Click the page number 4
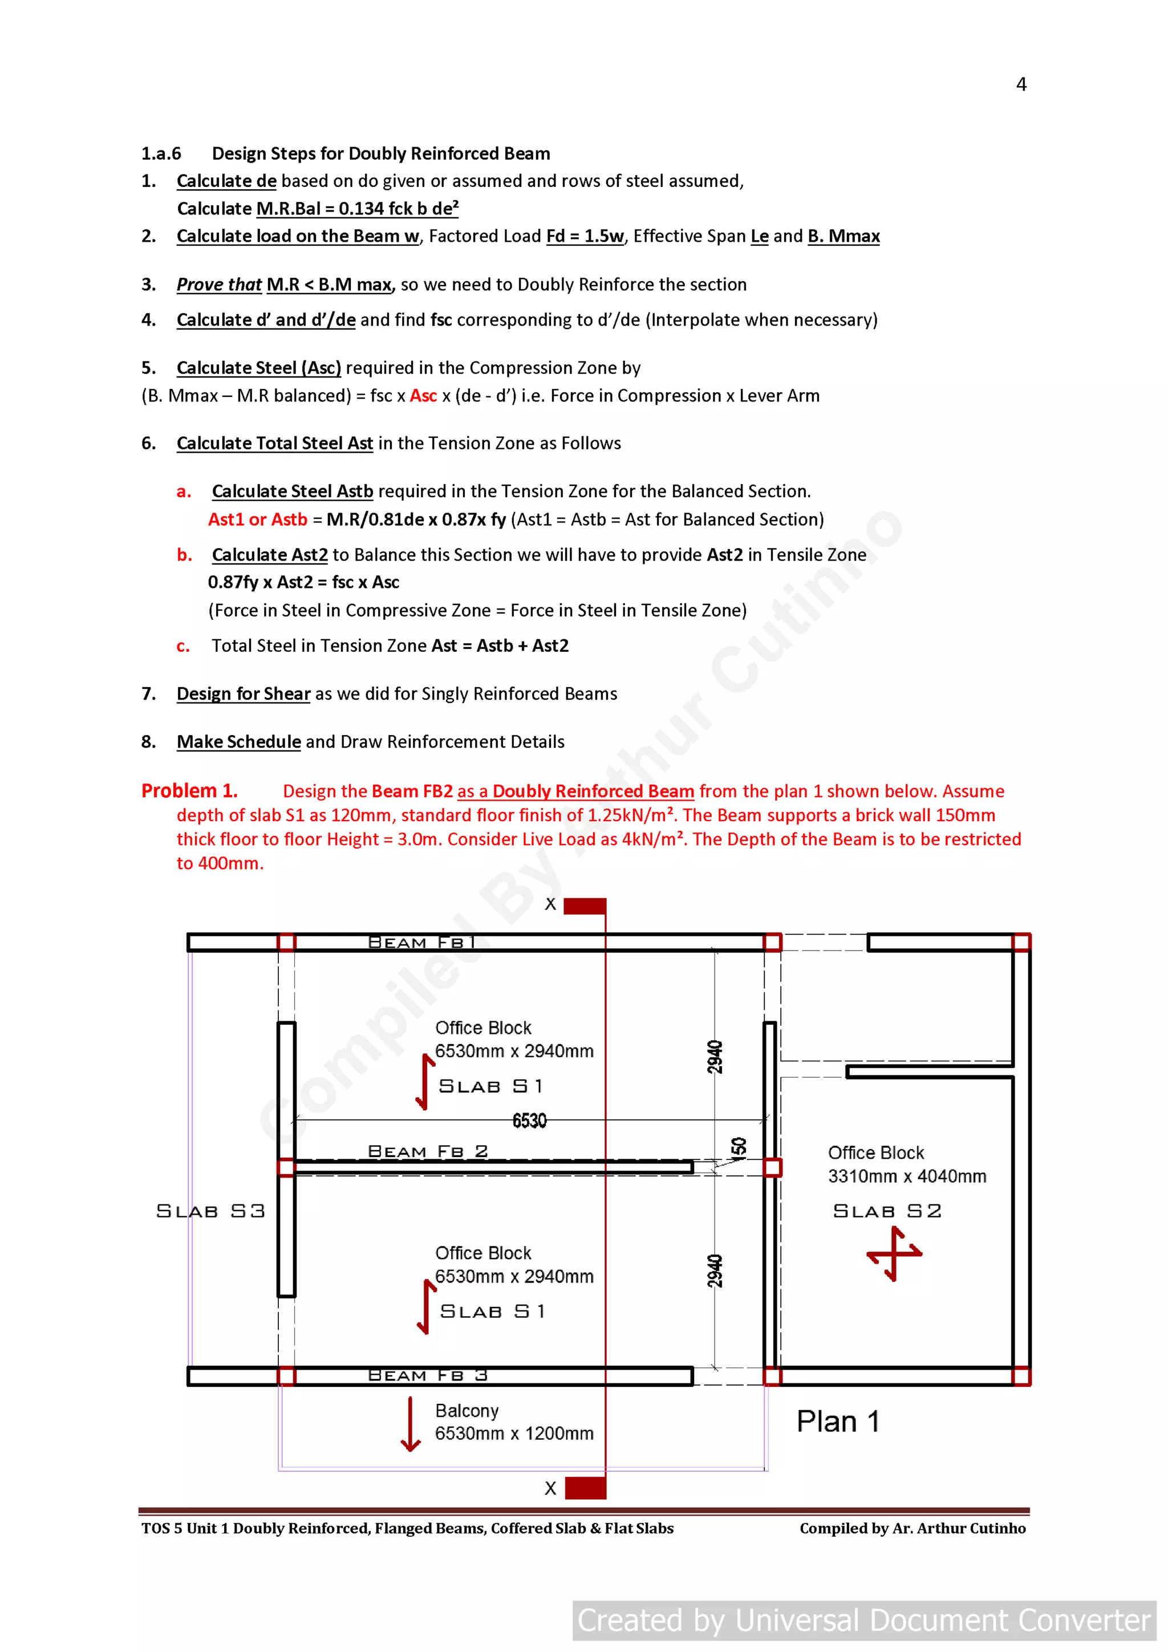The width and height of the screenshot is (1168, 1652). pos(1020,85)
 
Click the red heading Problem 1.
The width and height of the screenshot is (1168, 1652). pos(189,791)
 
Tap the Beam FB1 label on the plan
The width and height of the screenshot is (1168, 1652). pos(421,942)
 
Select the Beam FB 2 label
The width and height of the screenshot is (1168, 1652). pos(428,1151)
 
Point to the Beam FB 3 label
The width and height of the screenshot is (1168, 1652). pos(428,1375)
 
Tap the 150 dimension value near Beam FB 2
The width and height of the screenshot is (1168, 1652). pos(739,1148)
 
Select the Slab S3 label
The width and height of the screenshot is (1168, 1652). pos(210,1211)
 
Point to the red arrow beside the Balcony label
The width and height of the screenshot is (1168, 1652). pos(410,1424)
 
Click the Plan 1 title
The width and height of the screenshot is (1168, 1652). pos(838,1422)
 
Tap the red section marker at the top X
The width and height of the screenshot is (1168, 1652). pos(585,906)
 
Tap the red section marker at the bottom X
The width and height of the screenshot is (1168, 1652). pos(585,1487)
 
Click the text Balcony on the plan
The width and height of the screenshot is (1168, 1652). pos(467,1411)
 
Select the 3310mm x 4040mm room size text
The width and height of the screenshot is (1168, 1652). pos(907,1176)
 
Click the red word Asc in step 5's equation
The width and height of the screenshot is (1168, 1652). pos(423,396)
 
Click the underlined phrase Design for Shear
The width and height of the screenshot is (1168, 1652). pos(244,693)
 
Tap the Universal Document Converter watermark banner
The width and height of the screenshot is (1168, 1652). pos(863,1620)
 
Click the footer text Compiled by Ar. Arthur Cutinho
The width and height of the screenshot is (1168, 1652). pos(912,1528)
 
